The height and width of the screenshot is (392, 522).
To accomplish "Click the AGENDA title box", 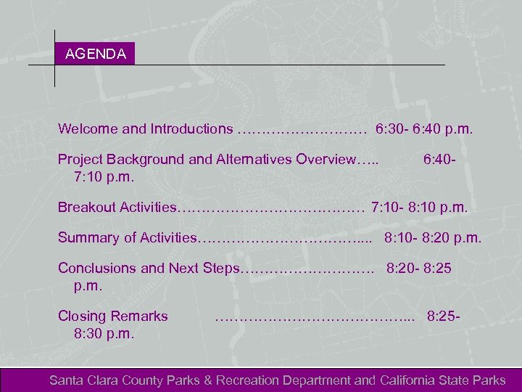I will (95, 54).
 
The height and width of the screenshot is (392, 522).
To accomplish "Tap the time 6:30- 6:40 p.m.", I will (424, 129).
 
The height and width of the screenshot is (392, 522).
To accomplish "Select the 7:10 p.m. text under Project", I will (104, 176).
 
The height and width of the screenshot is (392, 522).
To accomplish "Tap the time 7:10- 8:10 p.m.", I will (420, 208).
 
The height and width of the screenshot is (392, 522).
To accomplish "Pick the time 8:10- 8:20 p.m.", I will (432, 238).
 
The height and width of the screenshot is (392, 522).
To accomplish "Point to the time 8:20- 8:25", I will (419, 268).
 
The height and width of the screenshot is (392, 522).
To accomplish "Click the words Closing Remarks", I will (113, 316).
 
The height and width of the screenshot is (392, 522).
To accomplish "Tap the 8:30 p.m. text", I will (104, 333).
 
